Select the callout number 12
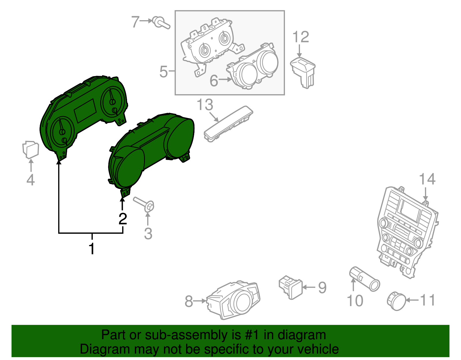[x=301, y=37]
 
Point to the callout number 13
[x=205, y=105]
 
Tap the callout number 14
[x=427, y=179]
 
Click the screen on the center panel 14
[x=409, y=210]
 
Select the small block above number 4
[x=31, y=149]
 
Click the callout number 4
[x=31, y=180]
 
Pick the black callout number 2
[x=123, y=219]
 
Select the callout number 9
[x=322, y=287]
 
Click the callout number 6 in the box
[x=214, y=81]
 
